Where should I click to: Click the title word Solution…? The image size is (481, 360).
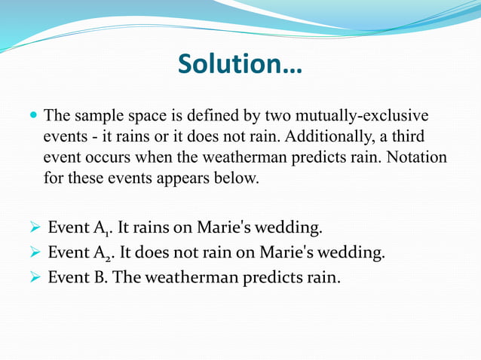tap(240, 64)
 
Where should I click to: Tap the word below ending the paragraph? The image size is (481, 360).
tap(235, 179)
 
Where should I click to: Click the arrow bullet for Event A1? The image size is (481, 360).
tap(34, 228)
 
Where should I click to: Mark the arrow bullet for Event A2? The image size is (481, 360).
tap(34, 253)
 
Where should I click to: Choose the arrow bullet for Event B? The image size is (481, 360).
tap(34, 278)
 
